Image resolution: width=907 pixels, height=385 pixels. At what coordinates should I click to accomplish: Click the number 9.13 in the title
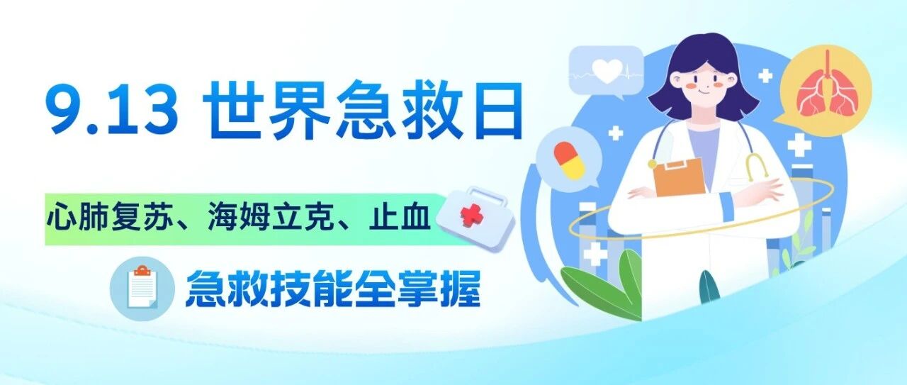point(114,108)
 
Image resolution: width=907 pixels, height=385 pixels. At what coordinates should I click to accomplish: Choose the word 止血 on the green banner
point(399,218)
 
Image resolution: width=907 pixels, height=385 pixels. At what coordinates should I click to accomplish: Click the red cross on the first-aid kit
point(471,216)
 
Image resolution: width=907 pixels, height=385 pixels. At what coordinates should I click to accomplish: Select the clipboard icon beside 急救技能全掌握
point(142,288)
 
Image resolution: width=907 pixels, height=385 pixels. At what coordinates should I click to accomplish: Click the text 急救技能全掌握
point(333,289)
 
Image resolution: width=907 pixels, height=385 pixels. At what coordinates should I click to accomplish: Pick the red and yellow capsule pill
point(569,160)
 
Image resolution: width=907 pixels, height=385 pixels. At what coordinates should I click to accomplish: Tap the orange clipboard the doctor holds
point(680,177)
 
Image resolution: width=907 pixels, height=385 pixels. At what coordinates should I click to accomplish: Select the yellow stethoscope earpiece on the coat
point(757,167)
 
